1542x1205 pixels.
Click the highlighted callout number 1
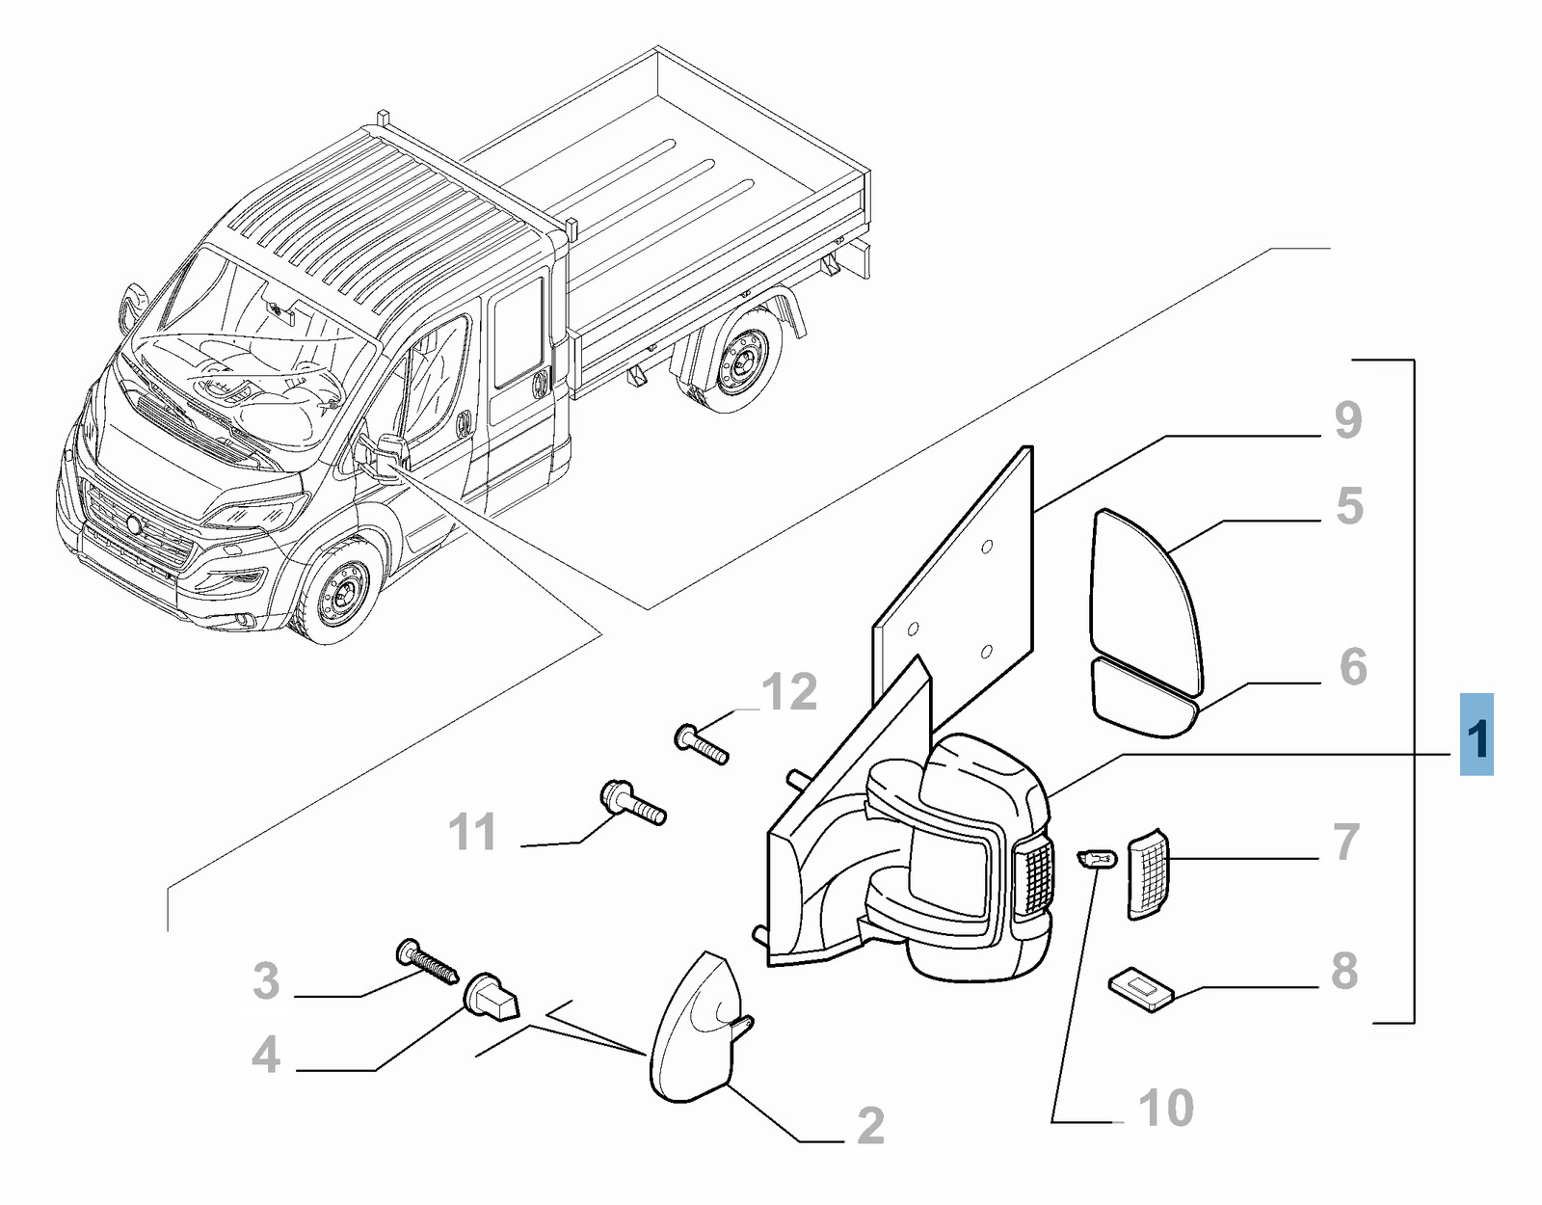1476,736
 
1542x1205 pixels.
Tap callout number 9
1348,420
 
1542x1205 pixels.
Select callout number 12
789,692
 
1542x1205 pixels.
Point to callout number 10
1166,1109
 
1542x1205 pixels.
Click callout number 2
870,1125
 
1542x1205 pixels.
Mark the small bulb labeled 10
1097,857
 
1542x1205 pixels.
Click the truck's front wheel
342,588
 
